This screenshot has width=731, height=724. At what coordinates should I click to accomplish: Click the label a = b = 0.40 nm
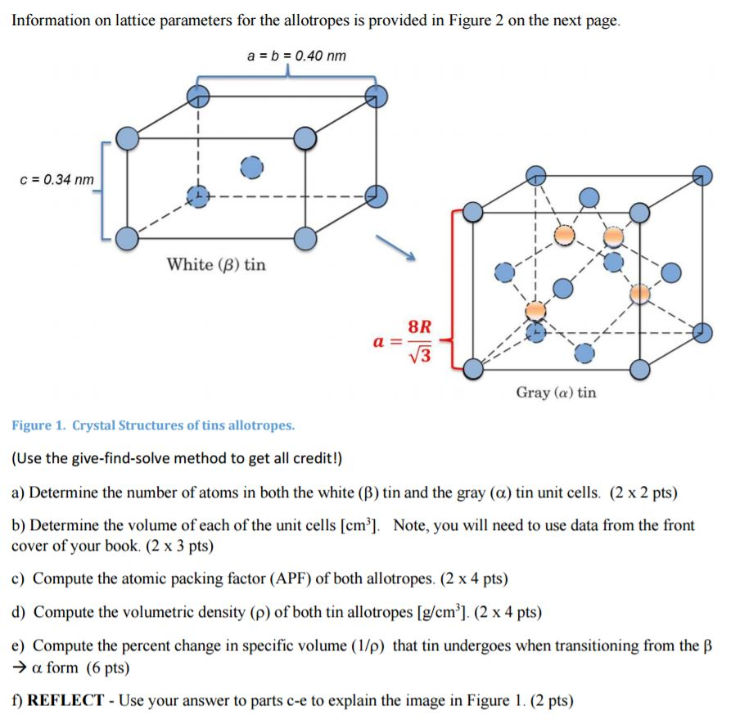tap(296, 56)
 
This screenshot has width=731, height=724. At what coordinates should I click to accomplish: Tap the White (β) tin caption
tap(216, 264)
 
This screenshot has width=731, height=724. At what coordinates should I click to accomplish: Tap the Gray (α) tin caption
tap(556, 393)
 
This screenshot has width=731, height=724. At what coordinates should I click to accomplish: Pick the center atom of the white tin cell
tap(252, 166)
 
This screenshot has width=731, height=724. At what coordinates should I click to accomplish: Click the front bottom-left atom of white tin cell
tap(127, 238)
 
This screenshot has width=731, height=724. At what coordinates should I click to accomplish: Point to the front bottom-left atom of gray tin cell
tap(473, 369)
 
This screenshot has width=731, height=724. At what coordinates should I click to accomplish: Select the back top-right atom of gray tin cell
tap(702, 175)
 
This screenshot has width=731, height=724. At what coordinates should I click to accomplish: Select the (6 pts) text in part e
tap(106, 668)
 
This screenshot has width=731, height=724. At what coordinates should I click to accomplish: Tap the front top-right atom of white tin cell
tap(305, 139)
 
